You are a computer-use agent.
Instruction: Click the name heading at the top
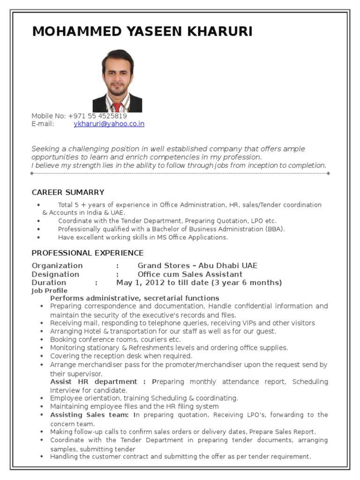(142, 31)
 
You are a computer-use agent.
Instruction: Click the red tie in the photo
(117, 107)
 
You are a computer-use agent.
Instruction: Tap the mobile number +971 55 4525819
(97, 116)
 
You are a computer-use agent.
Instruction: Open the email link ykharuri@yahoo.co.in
(109, 124)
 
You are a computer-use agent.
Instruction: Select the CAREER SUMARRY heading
(68, 192)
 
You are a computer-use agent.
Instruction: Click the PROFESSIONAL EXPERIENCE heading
(88, 253)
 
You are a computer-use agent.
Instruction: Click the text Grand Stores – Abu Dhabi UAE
(197, 266)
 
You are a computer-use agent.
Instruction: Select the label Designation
(55, 274)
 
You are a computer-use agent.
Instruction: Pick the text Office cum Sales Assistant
(190, 274)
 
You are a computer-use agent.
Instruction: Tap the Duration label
(49, 283)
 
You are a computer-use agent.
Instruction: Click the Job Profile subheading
(49, 291)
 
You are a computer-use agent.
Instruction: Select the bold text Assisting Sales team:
(89, 415)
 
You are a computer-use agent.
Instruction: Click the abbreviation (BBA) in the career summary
(273, 229)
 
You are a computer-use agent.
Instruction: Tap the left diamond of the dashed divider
(32, 173)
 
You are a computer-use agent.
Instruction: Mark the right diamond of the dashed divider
(328, 173)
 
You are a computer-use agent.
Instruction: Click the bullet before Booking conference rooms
(41, 339)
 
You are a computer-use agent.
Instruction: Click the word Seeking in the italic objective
(45, 149)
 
